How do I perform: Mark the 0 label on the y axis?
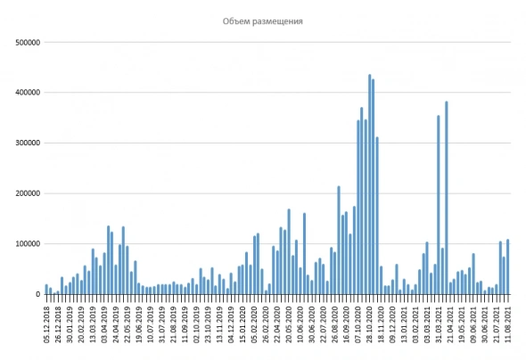pyautogui.click(x=36, y=294)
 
